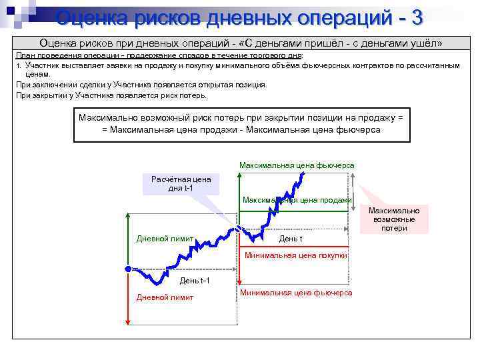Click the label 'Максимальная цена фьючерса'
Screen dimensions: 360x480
tap(297, 165)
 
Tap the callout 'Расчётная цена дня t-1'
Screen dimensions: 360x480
tap(181, 183)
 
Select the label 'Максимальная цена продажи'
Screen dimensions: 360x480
tap(297, 200)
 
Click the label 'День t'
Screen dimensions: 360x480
tap(291, 239)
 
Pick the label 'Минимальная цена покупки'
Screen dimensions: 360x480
tap(296, 255)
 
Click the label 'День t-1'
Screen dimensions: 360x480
tap(195, 280)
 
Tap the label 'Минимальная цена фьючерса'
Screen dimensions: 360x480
tap(296, 293)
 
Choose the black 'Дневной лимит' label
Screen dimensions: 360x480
tap(165, 239)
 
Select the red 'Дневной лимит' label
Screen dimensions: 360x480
tap(165, 297)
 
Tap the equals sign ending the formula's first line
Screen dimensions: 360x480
tap(399, 117)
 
